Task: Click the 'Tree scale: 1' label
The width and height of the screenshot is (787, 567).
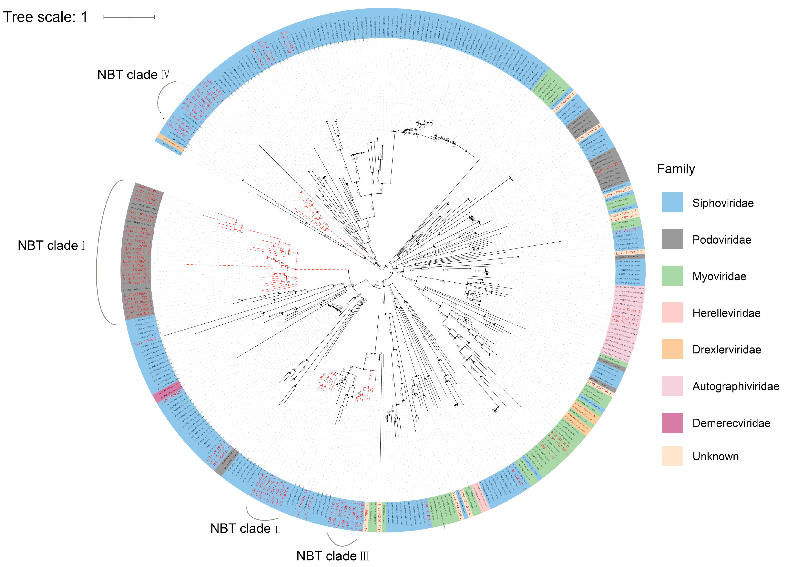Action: pyautogui.click(x=45, y=17)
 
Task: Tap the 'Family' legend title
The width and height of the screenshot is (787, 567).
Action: pyautogui.click(x=676, y=169)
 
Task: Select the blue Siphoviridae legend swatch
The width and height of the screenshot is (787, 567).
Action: pyautogui.click(x=672, y=202)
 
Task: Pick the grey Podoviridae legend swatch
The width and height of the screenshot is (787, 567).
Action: pyautogui.click(x=672, y=239)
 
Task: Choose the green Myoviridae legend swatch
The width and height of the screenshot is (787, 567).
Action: pyautogui.click(x=672, y=276)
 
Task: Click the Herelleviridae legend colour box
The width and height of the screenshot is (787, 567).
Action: pyautogui.click(x=672, y=313)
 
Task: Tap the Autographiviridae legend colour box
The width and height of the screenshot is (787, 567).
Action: pyautogui.click(x=672, y=386)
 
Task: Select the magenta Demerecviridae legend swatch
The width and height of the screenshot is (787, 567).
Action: pyautogui.click(x=672, y=423)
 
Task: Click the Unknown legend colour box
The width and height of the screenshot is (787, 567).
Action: pyautogui.click(x=672, y=456)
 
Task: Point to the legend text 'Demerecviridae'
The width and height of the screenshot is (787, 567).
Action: pyautogui.click(x=731, y=423)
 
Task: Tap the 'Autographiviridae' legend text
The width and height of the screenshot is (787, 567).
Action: pyautogui.click(x=736, y=386)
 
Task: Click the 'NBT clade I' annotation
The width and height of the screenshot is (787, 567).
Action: pyautogui.click(x=51, y=246)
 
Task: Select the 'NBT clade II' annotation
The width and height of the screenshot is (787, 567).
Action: pyautogui.click(x=245, y=529)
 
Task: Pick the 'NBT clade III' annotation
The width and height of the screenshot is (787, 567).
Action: pyautogui.click(x=332, y=556)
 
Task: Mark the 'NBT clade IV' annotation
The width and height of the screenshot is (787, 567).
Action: pyautogui.click(x=133, y=75)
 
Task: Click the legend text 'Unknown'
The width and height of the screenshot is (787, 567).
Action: pyautogui.click(x=716, y=456)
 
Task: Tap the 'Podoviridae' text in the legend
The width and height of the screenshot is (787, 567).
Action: pyautogui.click(x=722, y=240)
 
